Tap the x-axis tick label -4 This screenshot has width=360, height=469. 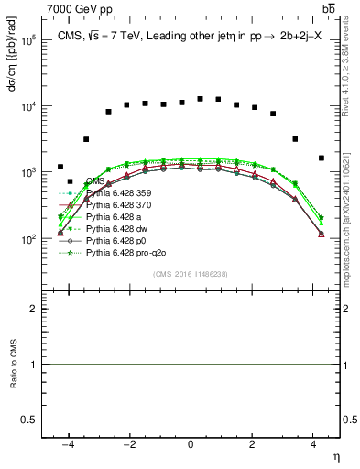coord(69,443)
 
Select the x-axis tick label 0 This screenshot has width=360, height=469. coord(191,443)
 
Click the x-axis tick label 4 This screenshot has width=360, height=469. coord(313,443)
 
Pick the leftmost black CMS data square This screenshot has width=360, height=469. coord(60,167)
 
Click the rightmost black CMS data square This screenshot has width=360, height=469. coord(321,158)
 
